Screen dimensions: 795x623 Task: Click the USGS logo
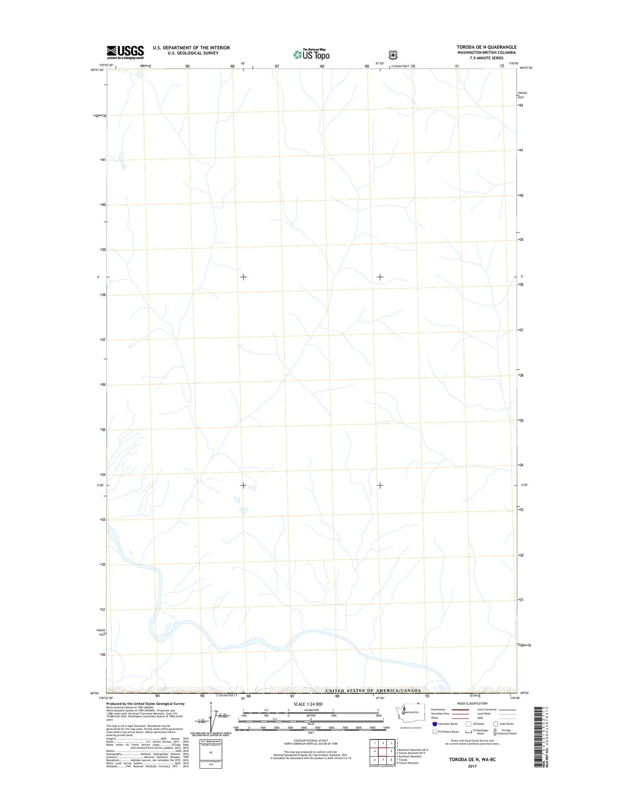coord(125,52)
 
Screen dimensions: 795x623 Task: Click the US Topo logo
coord(312,54)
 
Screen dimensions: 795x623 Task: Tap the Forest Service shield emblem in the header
coord(392,55)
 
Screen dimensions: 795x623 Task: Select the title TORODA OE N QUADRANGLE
coord(486,47)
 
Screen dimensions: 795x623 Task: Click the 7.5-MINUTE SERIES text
coord(486,58)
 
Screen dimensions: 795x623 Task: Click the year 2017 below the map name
coord(472,766)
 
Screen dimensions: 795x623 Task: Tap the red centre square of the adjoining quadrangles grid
coord(383,751)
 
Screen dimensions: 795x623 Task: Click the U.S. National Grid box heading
coord(210,741)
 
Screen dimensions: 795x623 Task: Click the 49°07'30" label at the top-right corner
coord(526,68)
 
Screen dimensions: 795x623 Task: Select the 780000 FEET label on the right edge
coord(522,95)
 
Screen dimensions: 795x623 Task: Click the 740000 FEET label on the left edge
coord(101,632)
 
